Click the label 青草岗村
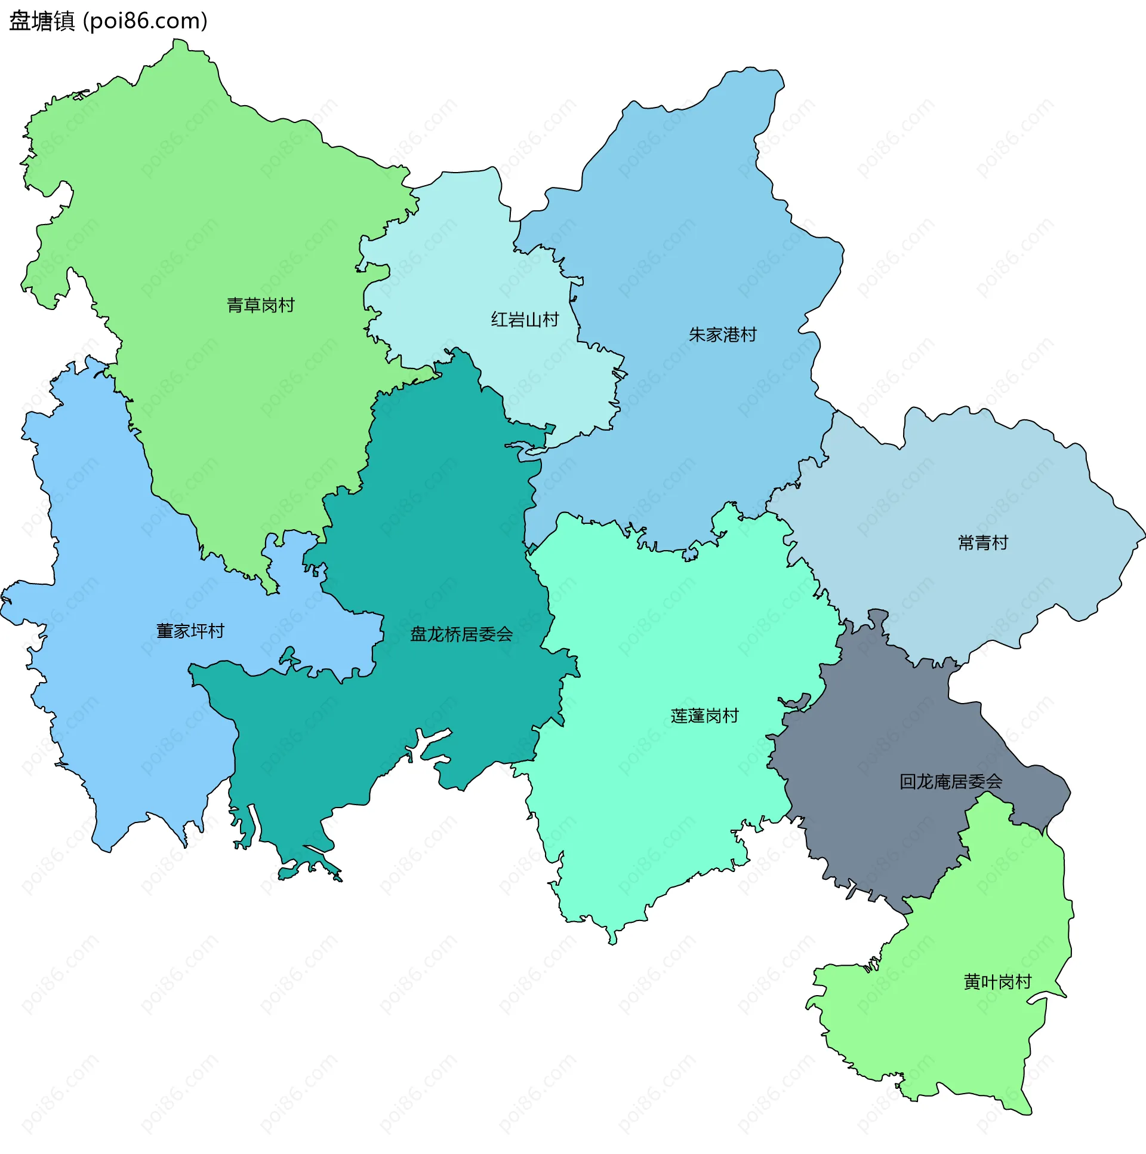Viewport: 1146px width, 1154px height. pyautogui.click(x=261, y=305)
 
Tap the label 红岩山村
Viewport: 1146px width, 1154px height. pyautogui.click(x=525, y=320)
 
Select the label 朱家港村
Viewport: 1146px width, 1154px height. pyautogui.click(x=722, y=334)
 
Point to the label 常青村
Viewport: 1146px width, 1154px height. pyautogui.click(x=982, y=542)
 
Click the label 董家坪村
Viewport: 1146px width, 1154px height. pyautogui.click(x=190, y=631)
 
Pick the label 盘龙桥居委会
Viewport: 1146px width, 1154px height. pyautogui.click(x=461, y=634)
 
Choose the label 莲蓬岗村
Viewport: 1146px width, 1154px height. pyautogui.click(x=704, y=716)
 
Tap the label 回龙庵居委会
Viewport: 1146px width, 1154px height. pyautogui.click(x=951, y=781)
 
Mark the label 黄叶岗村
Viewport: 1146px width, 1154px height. pyautogui.click(x=997, y=982)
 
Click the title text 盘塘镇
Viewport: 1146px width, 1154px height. pyautogui.click(x=42, y=22)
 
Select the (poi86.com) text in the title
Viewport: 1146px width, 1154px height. pyautogui.click(x=146, y=22)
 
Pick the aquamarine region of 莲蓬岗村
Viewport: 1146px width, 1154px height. pyautogui.click(x=657, y=806)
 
